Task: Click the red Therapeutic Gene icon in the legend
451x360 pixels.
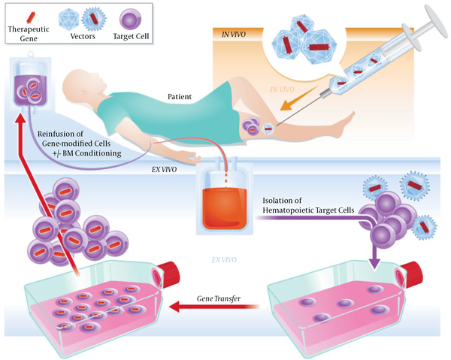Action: pos(30,17)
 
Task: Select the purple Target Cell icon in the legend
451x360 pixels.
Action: pos(130,19)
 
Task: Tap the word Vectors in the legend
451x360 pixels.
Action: pos(83,36)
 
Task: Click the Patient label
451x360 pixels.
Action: pos(180,97)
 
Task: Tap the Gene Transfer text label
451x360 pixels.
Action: pos(219,298)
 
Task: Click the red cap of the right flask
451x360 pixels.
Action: pos(412,274)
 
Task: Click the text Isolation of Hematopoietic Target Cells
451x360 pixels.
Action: pos(308,205)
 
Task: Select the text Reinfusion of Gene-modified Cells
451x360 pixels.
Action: pos(74,138)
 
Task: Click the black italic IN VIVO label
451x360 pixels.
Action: pos(234,35)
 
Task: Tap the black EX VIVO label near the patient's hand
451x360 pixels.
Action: pos(164,170)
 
